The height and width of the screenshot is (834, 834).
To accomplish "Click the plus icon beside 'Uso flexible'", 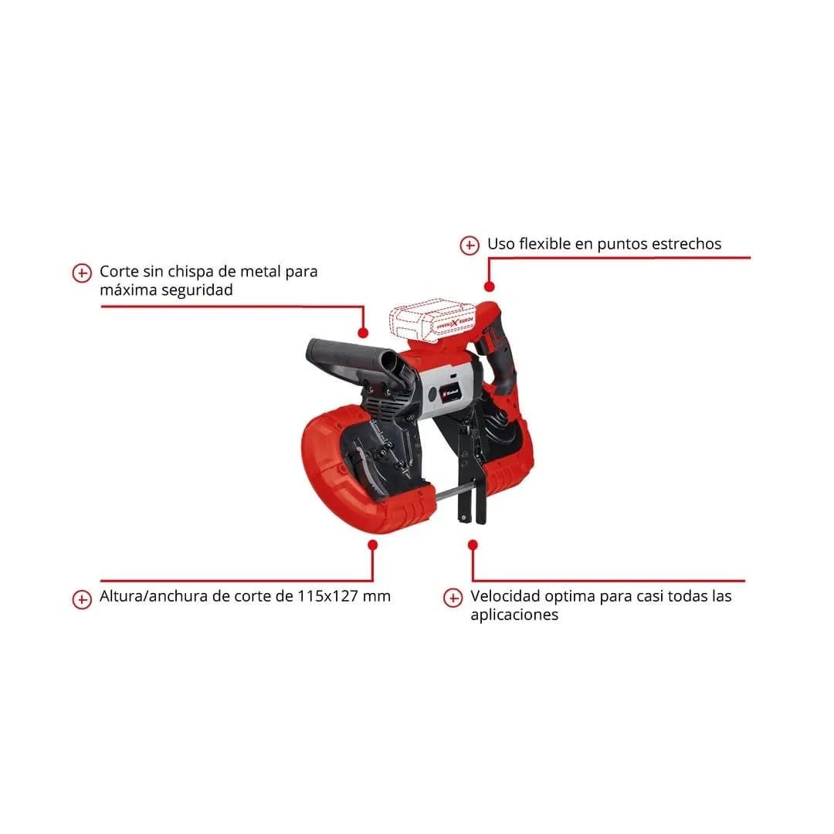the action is pos(470,246).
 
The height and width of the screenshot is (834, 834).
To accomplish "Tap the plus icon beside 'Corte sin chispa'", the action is pos(82,273).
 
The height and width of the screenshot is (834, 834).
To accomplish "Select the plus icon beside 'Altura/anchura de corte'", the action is pos(82,599).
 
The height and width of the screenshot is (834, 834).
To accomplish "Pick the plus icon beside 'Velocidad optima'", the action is pos(453,598).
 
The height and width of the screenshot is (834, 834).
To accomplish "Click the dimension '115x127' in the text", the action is pos(327,595).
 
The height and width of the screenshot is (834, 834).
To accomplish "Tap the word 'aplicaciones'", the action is pos(514,615).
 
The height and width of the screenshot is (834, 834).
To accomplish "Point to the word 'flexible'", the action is pos(544,243).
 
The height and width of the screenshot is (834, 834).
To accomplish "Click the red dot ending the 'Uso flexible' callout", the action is pos(490,286).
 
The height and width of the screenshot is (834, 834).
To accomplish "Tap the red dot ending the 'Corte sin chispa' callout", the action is pos(363,333).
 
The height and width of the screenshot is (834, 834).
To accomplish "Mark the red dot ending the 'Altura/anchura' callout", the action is pos(373,544).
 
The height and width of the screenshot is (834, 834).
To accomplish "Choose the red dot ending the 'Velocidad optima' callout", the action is pos(473,544).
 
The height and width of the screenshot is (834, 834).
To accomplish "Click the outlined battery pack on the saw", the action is pos(432,322).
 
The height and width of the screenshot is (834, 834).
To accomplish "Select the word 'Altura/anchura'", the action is pos(154,595).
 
